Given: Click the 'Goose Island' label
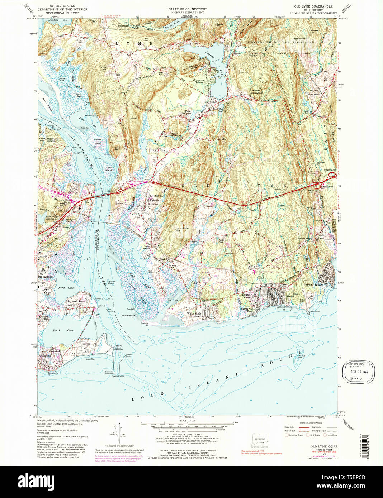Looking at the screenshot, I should click(x=98, y=141).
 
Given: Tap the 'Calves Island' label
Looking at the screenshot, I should click(x=108, y=169).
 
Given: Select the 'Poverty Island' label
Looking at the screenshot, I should click(x=128, y=316).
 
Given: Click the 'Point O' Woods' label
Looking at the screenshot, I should click(x=313, y=285).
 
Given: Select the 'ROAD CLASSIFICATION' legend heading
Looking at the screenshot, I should click(x=308, y=423).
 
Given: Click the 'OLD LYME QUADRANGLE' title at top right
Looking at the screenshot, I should click(x=313, y=6).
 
